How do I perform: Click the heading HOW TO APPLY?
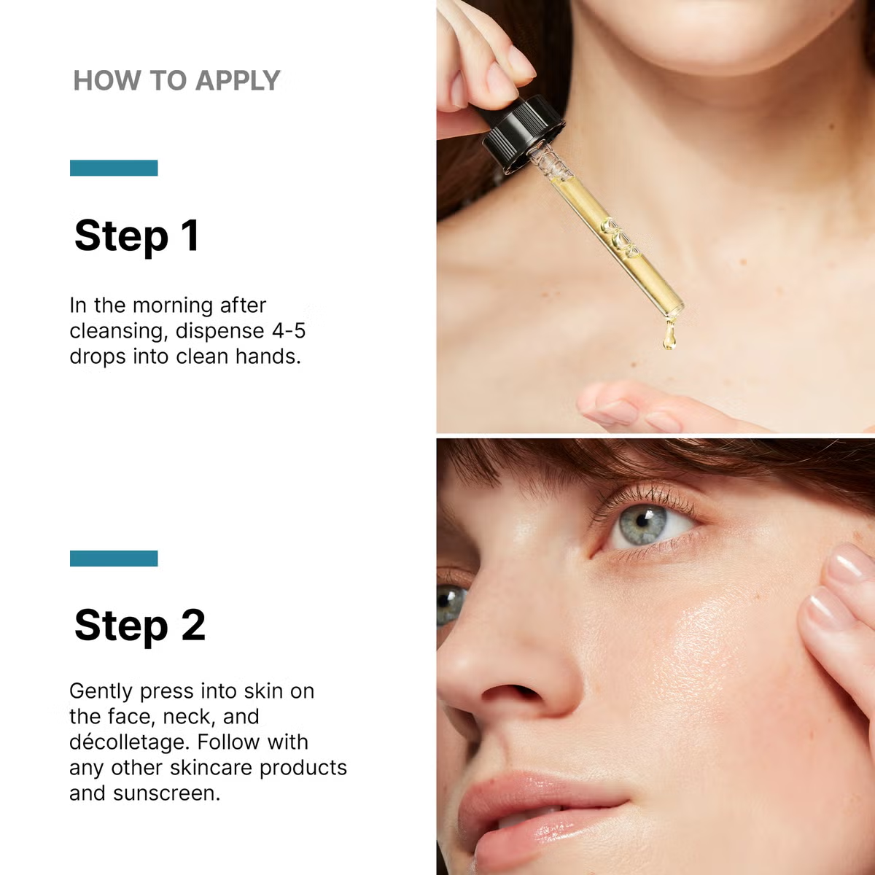(x=176, y=80)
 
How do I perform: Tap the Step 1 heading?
(x=136, y=236)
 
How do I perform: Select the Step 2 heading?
(x=139, y=626)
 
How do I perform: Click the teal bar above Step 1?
(x=114, y=168)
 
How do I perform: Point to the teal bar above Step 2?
(x=114, y=559)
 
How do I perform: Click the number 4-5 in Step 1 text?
(x=289, y=330)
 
